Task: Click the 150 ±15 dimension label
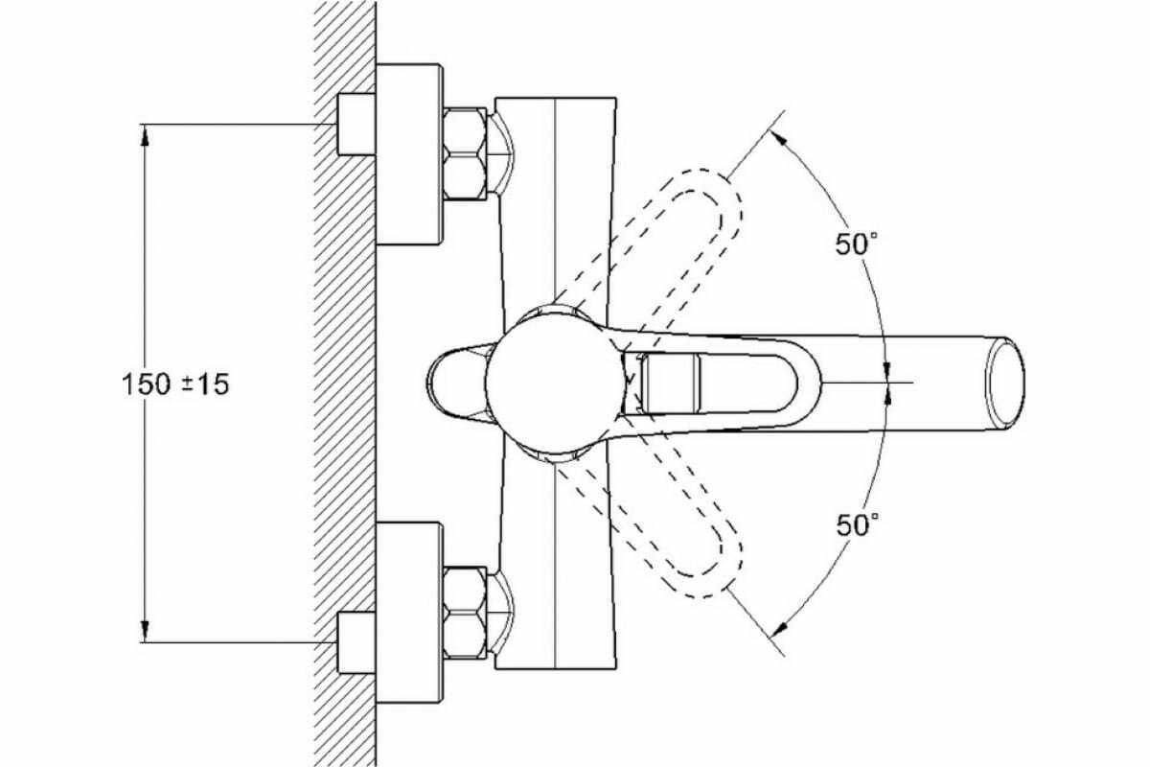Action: click(175, 384)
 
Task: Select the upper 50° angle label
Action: click(856, 244)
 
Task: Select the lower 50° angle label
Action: click(858, 525)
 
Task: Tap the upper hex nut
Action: click(465, 153)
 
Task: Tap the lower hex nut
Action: click(465, 613)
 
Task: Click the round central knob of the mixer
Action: click(555, 383)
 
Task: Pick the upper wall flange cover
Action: click(409, 154)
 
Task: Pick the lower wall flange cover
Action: click(409, 613)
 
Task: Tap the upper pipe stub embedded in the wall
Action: click(356, 125)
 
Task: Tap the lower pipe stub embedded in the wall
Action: click(356, 642)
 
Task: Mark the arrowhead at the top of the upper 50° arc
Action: click(778, 138)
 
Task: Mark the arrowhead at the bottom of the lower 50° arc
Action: click(779, 629)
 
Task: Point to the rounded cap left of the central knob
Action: click(456, 383)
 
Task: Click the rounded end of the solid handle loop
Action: click(809, 383)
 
